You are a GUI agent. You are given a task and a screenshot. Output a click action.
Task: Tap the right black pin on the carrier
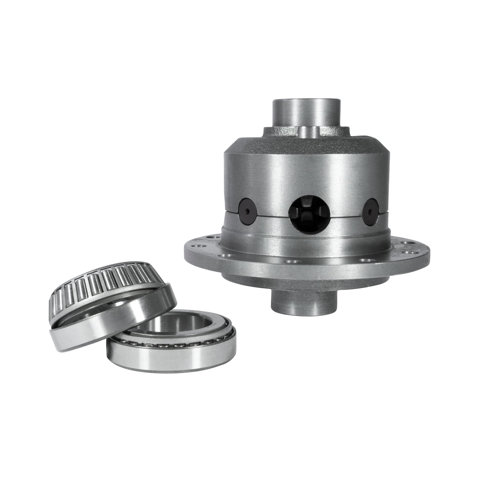click(371, 210)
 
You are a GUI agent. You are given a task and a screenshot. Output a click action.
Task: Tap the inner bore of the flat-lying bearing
click(178, 325)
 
